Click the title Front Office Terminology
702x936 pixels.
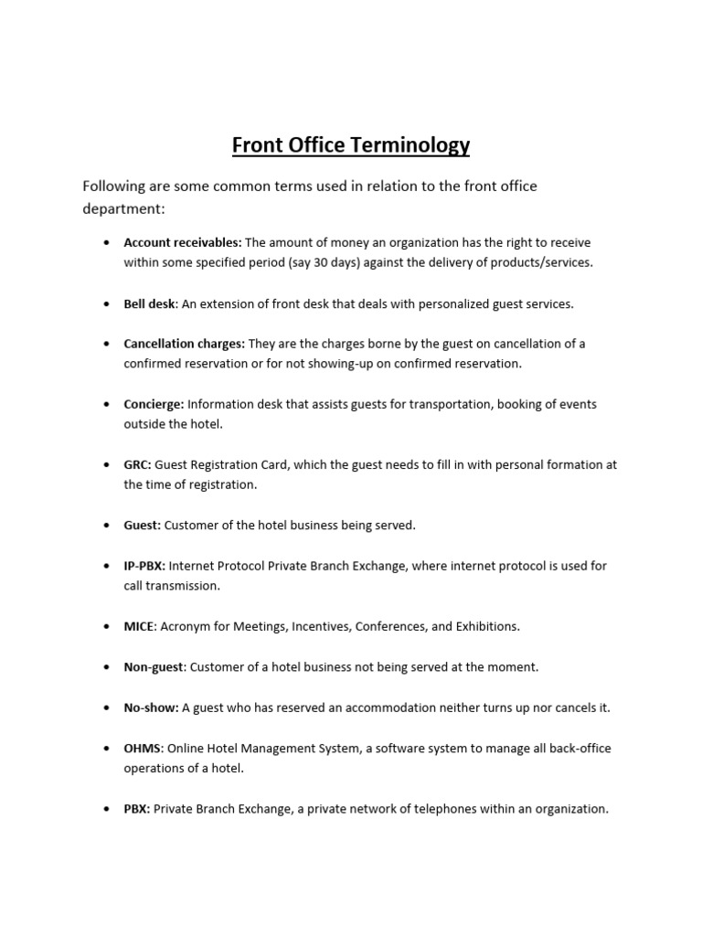click(x=350, y=144)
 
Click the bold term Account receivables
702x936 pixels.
click(x=182, y=242)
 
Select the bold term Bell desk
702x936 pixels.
click(x=150, y=303)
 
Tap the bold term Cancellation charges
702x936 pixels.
click(x=184, y=344)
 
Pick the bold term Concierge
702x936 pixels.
click(x=154, y=404)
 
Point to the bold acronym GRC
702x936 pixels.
click(x=137, y=464)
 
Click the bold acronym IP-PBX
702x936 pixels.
click(x=144, y=566)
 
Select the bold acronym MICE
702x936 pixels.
click(x=140, y=626)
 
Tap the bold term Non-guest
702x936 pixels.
click(x=154, y=667)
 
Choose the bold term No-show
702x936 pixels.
click(x=152, y=707)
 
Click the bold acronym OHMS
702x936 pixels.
click(x=143, y=748)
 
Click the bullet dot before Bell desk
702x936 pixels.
click(x=107, y=303)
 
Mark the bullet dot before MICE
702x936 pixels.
click(x=107, y=626)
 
